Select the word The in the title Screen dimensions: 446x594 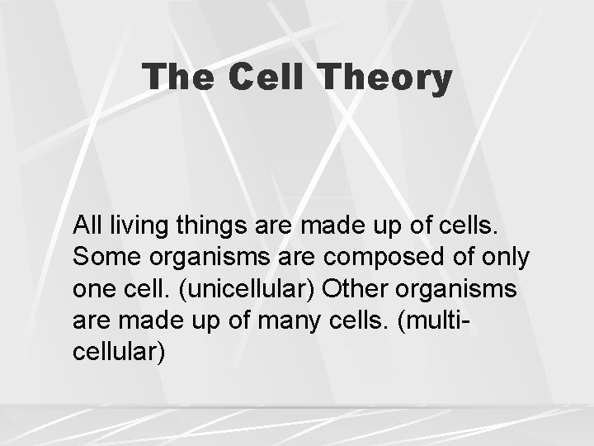(180, 78)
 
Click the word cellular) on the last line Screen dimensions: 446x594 (119, 353)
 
